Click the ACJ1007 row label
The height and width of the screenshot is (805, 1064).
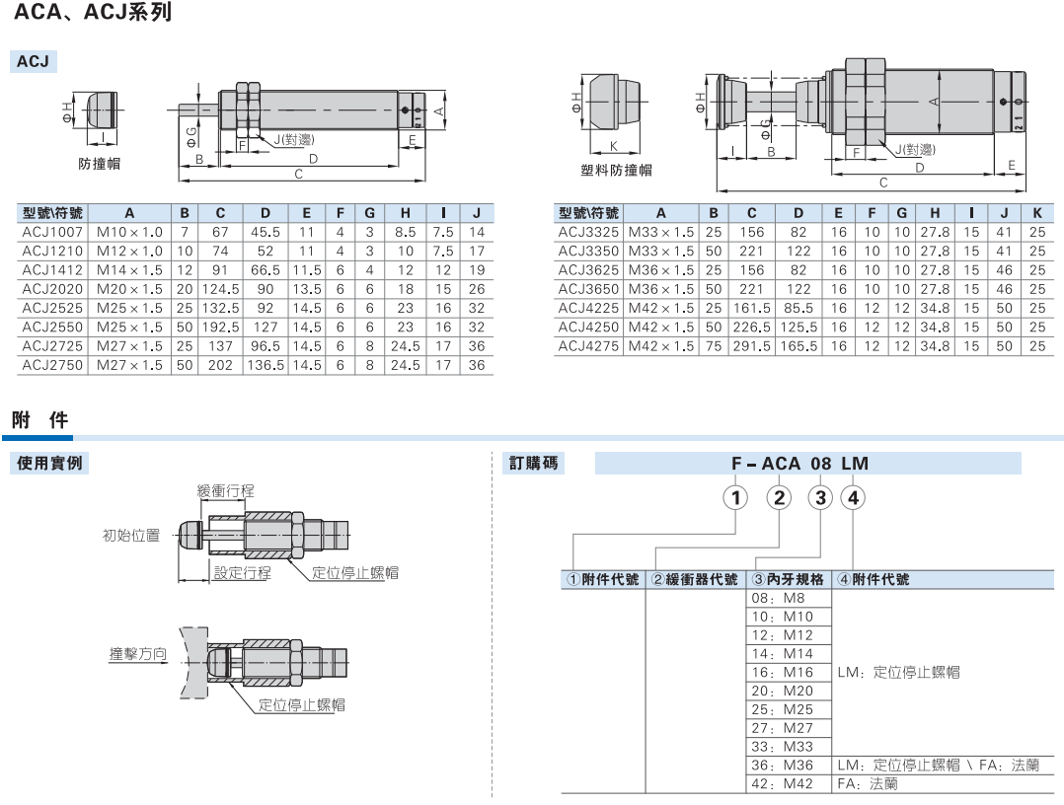(x=52, y=232)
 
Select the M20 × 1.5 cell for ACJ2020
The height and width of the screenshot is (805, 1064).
(x=129, y=289)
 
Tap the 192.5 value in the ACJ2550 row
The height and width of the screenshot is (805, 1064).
(x=220, y=327)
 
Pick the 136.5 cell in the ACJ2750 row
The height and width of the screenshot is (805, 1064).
(x=266, y=365)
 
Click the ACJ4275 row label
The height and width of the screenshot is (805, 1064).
(x=588, y=346)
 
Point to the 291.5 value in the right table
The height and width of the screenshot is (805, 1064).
(x=752, y=346)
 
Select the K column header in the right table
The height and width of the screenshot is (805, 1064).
(x=1036, y=213)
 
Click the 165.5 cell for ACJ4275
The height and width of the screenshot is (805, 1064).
(x=798, y=346)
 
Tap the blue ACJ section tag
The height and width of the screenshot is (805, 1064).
(x=33, y=61)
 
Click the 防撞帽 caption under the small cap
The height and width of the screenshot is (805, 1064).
(x=99, y=164)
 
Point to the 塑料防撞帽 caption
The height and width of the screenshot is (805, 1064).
(x=616, y=171)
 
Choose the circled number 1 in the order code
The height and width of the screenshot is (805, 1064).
(x=735, y=498)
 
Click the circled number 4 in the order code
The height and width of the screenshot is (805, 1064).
(x=853, y=498)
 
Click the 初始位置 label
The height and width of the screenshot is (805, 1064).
(x=131, y=535)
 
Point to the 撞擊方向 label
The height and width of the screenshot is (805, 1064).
(x=138, y=654)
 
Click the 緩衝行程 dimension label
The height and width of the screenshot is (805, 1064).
(x=225, y=490)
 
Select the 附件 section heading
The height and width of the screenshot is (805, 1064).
(x=40, y=420)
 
